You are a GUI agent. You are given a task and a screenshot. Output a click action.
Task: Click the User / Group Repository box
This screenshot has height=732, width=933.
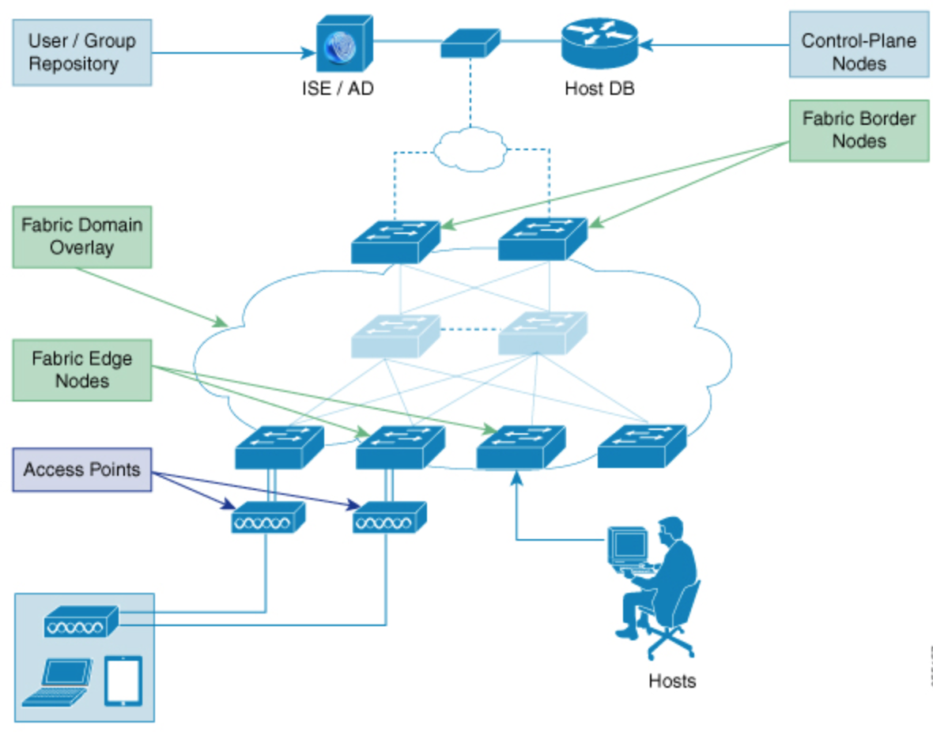[81, 52]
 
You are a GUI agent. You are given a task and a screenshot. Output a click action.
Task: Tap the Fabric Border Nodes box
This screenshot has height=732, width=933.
[859, 130]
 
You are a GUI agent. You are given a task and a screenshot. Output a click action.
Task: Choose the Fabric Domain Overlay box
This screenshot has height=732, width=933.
[81, 236]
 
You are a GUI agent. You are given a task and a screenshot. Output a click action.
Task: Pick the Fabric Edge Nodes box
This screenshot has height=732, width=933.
[81, 369]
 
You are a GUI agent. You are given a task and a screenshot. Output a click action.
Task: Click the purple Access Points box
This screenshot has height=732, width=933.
[81, 470]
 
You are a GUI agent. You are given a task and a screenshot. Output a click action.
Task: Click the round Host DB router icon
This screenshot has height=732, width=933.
[599, 43]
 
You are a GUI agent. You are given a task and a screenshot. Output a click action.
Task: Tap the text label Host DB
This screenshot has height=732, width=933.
[599, 89]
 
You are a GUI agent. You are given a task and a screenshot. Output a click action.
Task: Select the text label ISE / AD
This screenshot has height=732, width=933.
[337, 89]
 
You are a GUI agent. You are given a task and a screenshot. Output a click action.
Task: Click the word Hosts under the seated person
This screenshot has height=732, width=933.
[672, 681]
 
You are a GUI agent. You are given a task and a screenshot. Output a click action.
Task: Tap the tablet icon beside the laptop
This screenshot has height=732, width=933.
[123, 680]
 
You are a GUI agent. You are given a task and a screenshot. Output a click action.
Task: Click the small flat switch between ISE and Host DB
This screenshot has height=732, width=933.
[470, 43]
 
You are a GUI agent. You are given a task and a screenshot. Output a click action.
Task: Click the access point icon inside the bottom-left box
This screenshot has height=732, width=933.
[81, 623]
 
